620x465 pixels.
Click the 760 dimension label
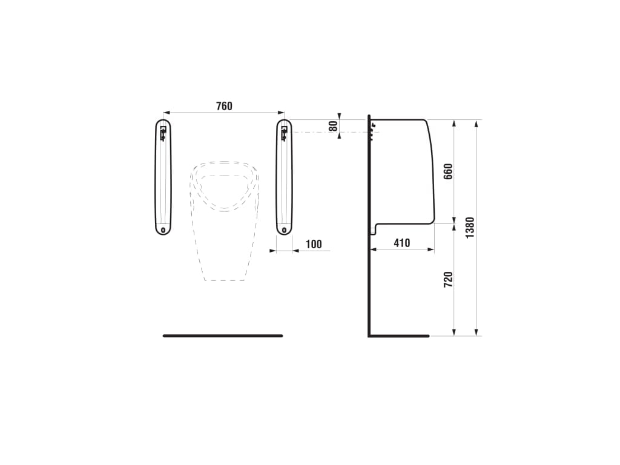tap(224, 106)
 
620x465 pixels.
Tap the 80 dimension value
tap(334, 126)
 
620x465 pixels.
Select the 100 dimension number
tap(314, 244)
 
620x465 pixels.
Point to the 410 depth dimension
tap(402, 243)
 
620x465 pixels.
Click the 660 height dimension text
tap(448, 171)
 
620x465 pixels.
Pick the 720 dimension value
tap(448, 279)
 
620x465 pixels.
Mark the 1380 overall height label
tap(470, 228)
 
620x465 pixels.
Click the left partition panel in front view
tap(163, 177)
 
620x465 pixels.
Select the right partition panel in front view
tap(285, 177)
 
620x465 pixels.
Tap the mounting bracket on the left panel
tap(163, 133)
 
